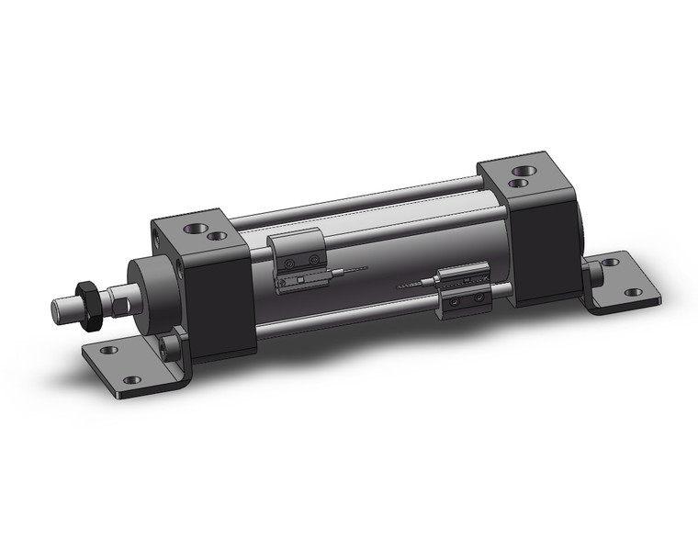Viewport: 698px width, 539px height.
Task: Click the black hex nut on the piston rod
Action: (x=89, y=307)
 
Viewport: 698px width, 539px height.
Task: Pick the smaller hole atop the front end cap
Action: (x=218, y=236)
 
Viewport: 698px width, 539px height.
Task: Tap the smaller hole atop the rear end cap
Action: (x=517, y=183)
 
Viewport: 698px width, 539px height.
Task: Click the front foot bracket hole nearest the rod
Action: (x=108, y=350)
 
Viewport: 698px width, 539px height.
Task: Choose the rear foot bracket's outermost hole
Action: (x=634, y=293)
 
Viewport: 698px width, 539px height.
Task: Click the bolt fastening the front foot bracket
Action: (x=168, y=346)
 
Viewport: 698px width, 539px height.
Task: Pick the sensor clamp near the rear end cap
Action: (x=464, y=288)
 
